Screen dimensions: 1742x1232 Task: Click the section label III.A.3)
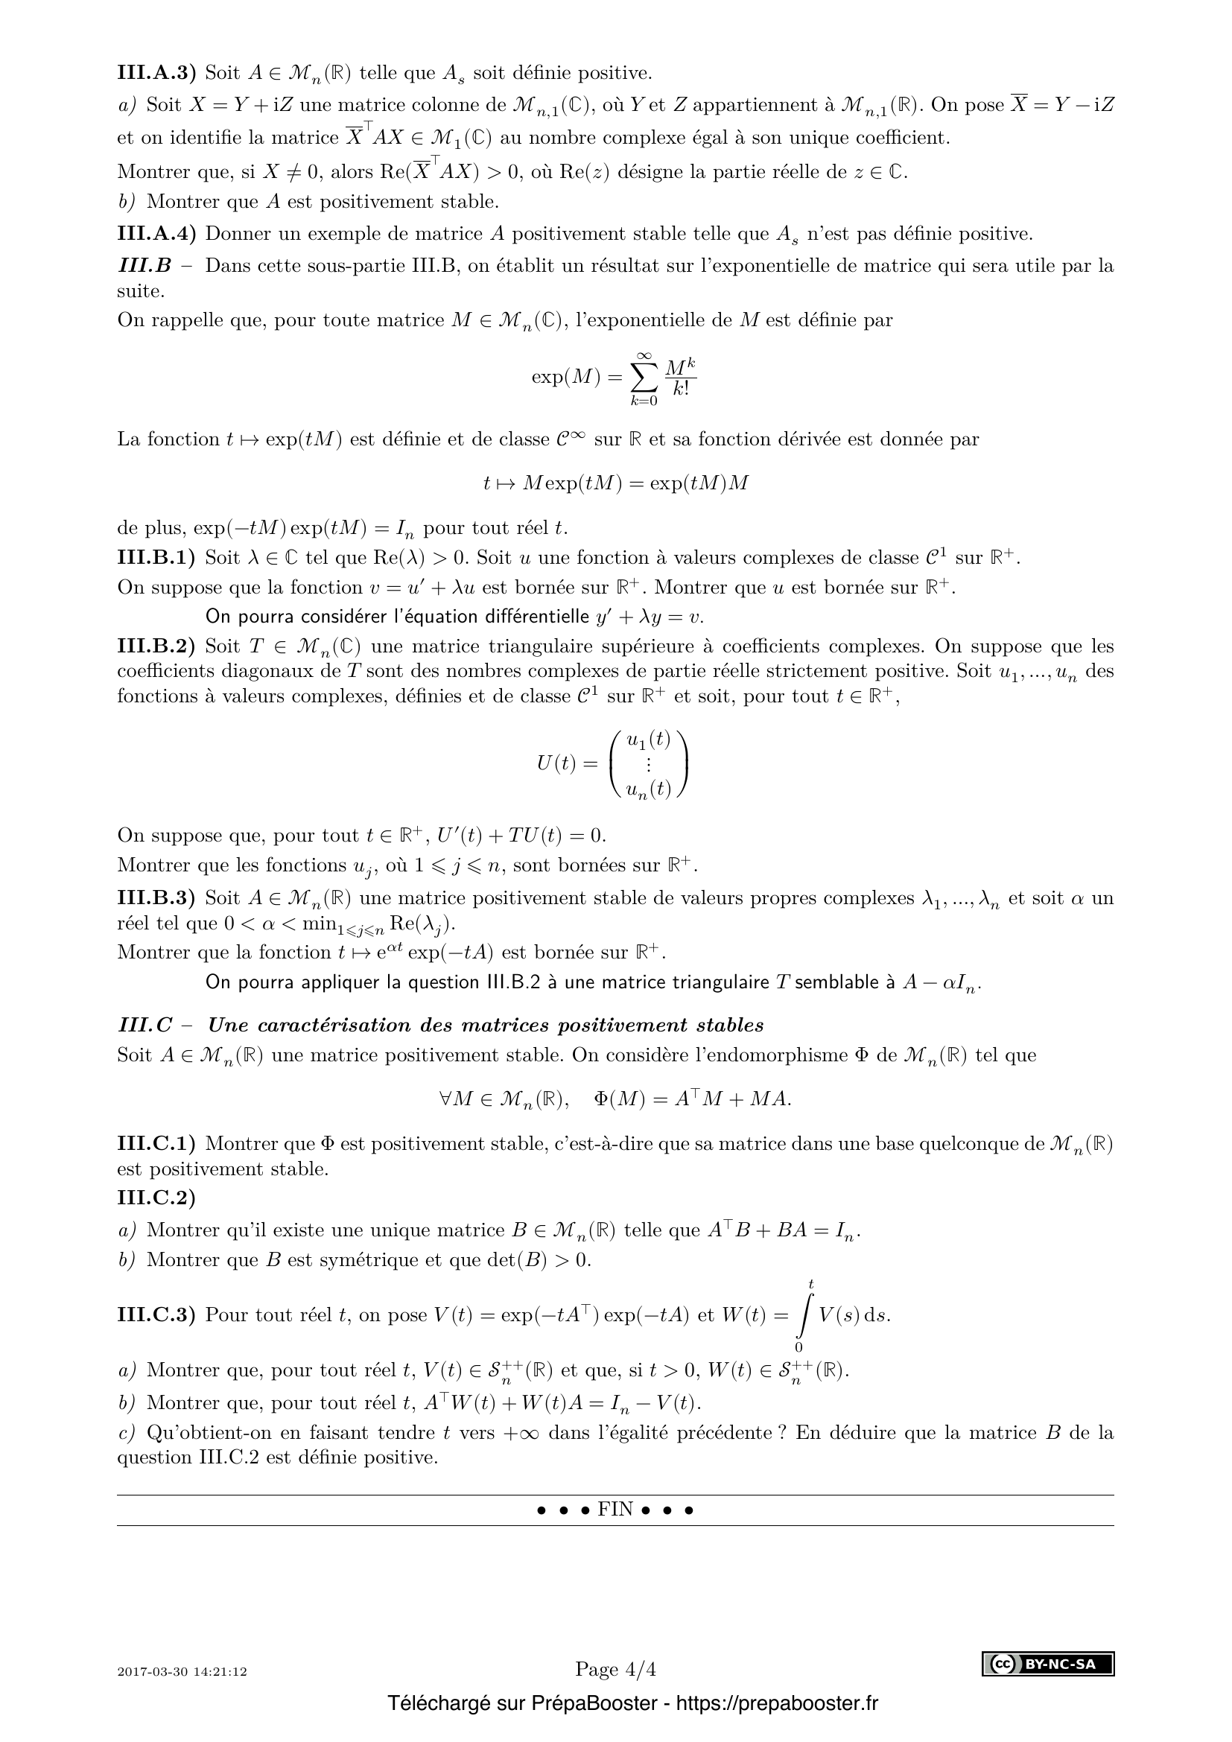click(156, 73)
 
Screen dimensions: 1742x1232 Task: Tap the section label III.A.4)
click(156, 234)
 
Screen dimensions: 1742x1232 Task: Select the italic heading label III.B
click(145, 266)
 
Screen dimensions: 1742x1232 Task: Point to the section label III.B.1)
click(156, 559)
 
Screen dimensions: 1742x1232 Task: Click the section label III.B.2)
click(156, 646)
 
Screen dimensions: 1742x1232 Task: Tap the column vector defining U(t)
click(649, 764)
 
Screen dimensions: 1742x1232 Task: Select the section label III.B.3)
click(156, 898)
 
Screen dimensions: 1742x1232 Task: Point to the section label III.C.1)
click(156, 1142)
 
